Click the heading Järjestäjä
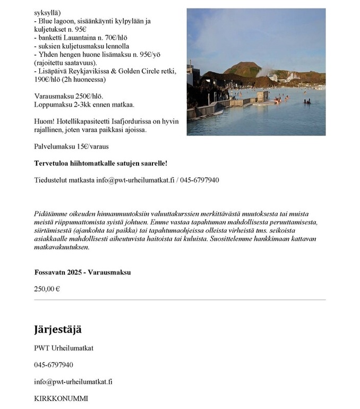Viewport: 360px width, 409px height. coord(58,329)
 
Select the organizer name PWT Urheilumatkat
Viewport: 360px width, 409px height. coord(64,348)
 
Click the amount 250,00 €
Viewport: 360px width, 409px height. coord(47,289)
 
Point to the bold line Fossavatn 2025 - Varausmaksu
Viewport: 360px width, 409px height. coord(82,272)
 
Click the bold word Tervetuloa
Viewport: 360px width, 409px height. coord(52,163)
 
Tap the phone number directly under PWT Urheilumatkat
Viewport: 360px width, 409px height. coord(54,364)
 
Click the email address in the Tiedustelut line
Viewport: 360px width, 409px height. coord(135,180)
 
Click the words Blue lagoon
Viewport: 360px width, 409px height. coord(56,21)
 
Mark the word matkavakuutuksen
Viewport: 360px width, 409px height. coord(62,247)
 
